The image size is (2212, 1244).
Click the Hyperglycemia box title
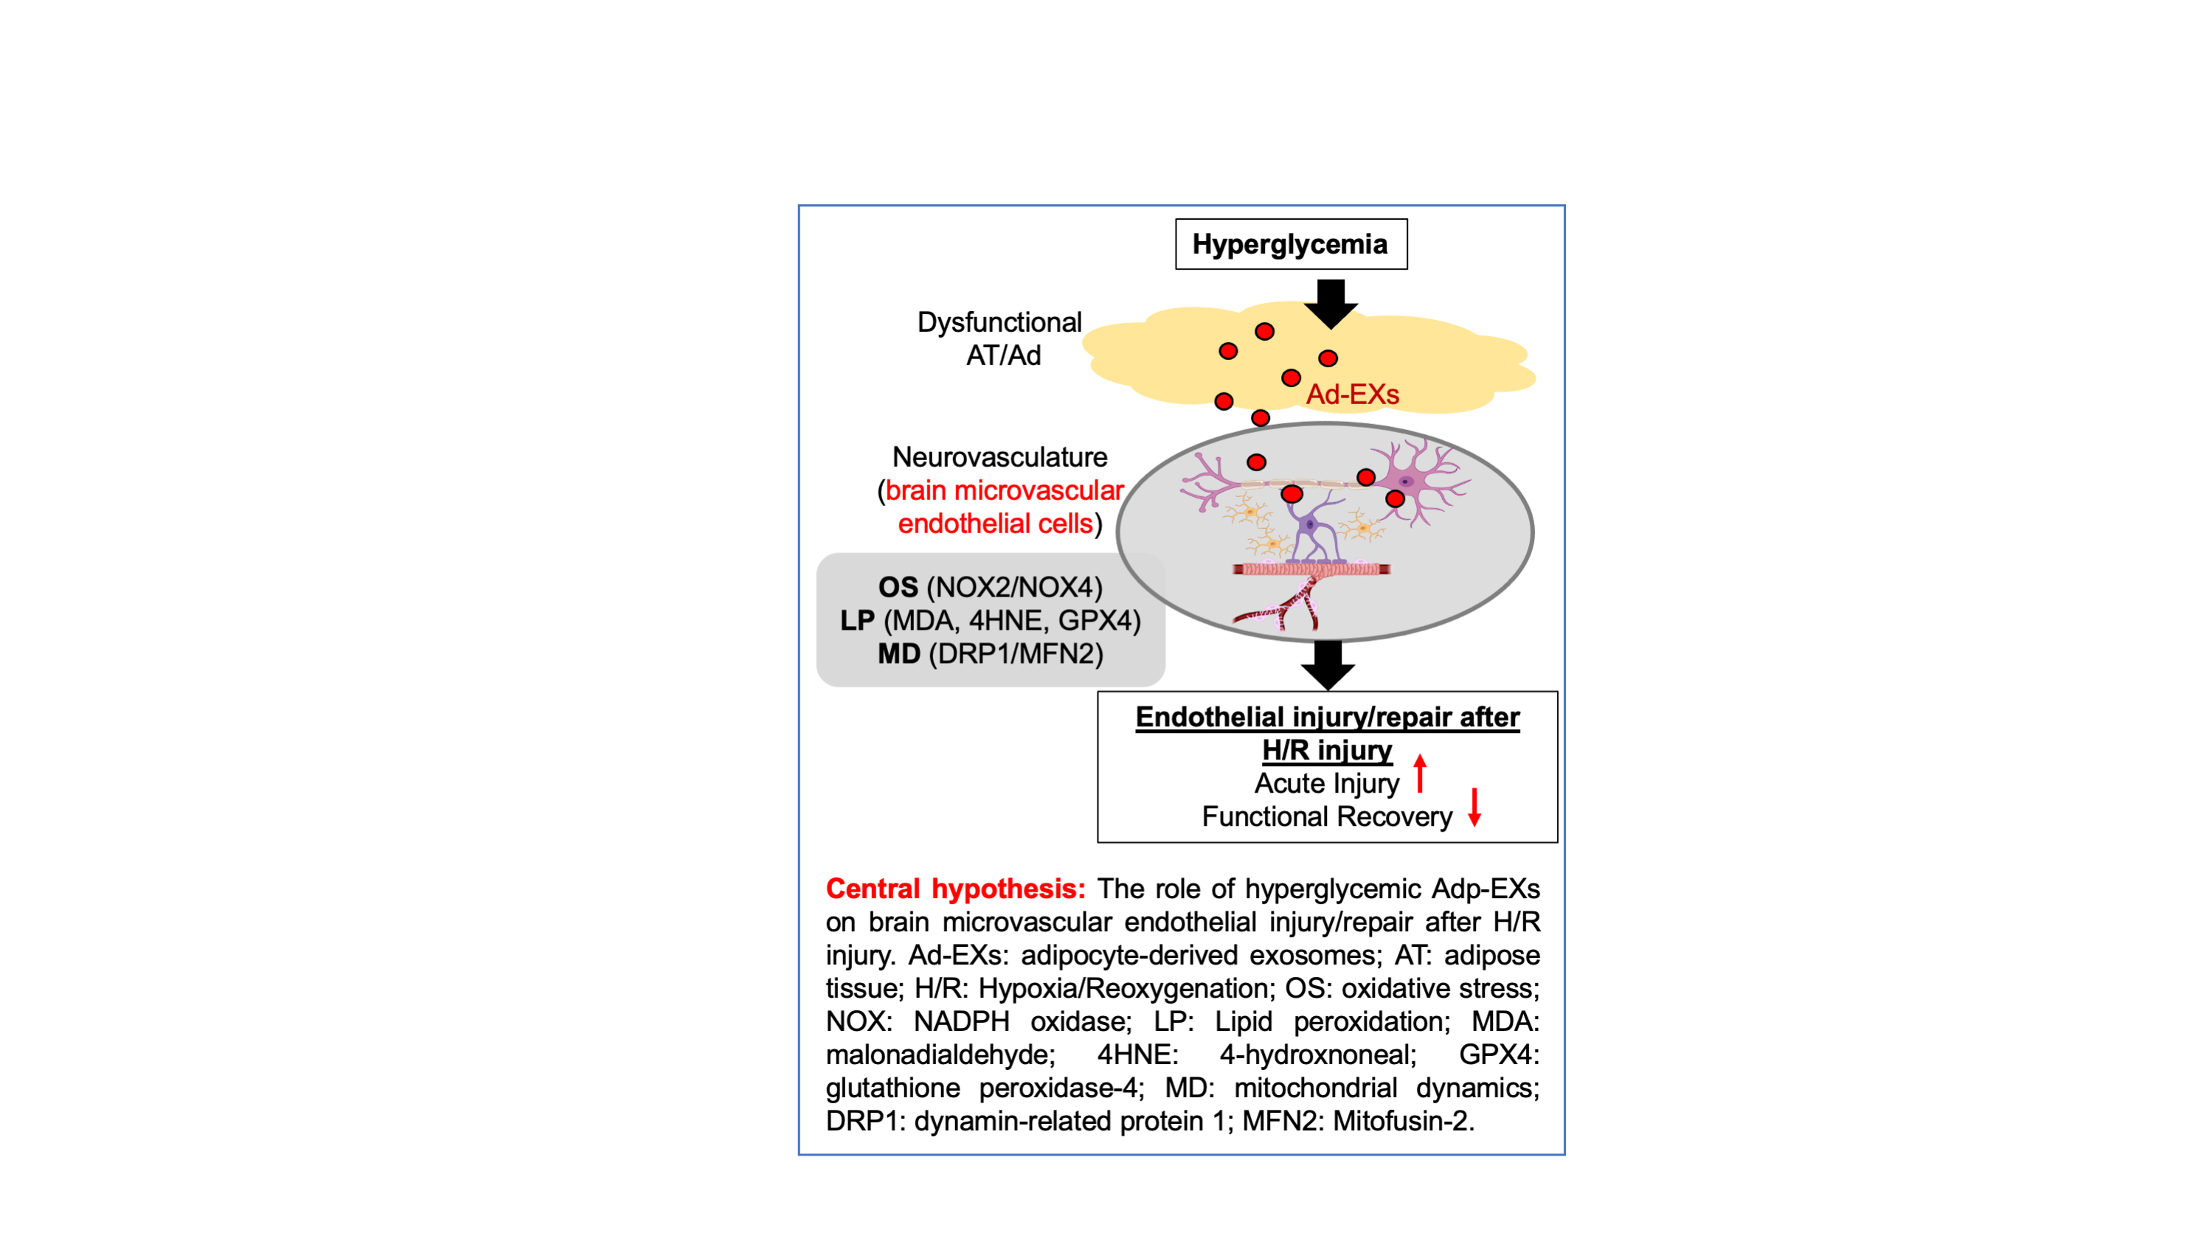pyautogui.click(x=1290, y=245)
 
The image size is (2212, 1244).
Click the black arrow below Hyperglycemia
pyautogui.click(x=1330, y=303)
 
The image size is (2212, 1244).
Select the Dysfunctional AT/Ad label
pyautogui.click(x=1000, y=338)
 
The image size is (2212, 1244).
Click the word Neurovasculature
pyautogui.click(x=999, y=456)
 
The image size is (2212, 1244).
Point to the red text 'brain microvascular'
pyautogui.click(x=1005, y=490)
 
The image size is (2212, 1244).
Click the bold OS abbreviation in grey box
pyautogui.click(x=898, y=587)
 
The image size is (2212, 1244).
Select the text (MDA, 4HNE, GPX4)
pyautogui.click(x=1011, y=621)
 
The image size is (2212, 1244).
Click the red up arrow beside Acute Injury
pyautogui.click(x=1421, y=773)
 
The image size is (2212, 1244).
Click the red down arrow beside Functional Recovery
pyautogui.click(x=1474, y=807)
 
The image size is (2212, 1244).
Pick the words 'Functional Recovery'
pyautogui.click(x=1327, y=816)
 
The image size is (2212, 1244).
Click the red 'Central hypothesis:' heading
pyautogui.click(x=955, y=889)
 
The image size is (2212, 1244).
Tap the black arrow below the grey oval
pyautogui.click(x=1328, y=664)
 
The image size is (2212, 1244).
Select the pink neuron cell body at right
pyautogui.click(x=1407, y=481)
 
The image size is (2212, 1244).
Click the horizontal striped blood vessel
pyautogui.click(x=1311, y=569)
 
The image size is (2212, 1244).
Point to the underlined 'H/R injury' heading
pyautogui.click(x=1327, y=751)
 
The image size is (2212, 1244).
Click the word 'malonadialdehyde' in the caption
pyautogui.click(x=940, y=1055)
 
